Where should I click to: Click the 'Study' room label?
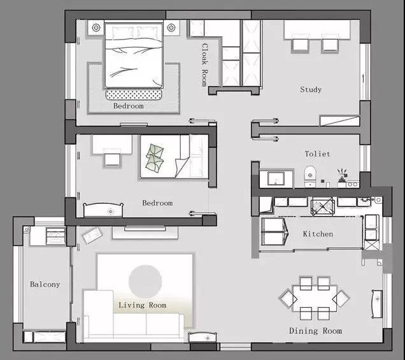311,90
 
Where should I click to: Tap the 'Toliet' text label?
317,154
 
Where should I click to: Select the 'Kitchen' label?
318,234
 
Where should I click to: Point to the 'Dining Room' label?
315,331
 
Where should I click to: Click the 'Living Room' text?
142,305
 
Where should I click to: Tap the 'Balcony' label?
45,285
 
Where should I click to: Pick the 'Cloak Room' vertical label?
204,64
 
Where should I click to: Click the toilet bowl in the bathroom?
310,176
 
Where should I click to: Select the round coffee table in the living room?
145,282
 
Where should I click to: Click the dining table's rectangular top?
315,299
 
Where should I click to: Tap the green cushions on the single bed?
155,158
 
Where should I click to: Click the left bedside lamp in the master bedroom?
96,27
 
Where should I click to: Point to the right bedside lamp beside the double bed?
171,27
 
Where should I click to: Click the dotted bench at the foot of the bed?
134,94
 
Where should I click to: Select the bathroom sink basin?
276,178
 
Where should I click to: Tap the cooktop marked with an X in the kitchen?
323,206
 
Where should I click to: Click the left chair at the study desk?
301,46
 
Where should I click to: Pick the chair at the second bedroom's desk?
112,159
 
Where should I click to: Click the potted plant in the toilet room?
342,176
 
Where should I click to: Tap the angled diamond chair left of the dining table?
288,298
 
